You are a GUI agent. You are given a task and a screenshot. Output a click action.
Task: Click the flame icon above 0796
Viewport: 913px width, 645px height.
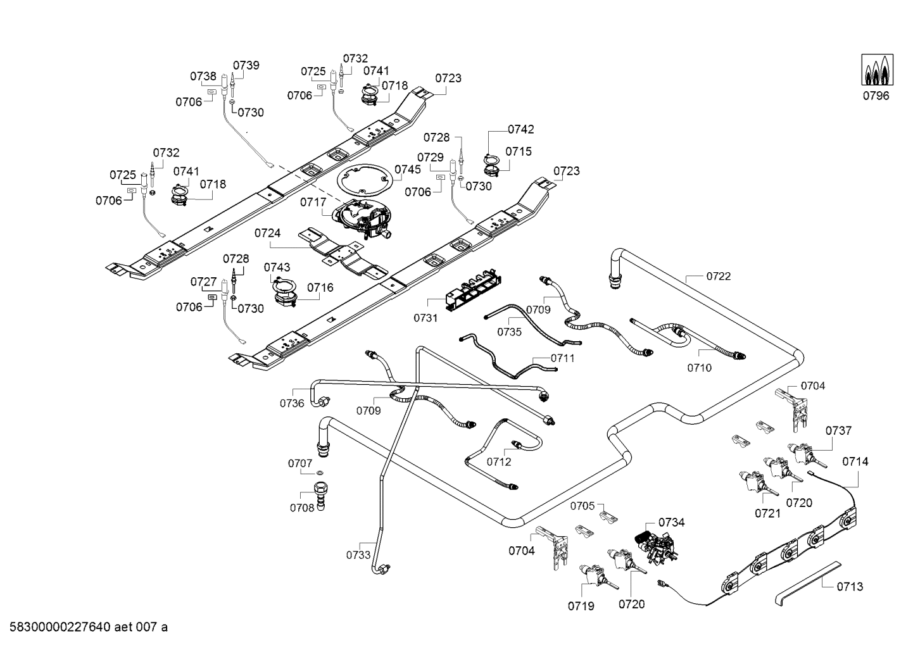click(x=876, y=70)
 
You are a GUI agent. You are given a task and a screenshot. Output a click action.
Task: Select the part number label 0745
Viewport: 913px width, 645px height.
click(x=407, y=170)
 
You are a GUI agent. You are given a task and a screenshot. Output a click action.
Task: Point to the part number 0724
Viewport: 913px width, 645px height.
click(x=267, y=234)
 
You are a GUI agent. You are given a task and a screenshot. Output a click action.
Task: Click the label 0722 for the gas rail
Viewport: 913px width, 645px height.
click(x=718, y=276)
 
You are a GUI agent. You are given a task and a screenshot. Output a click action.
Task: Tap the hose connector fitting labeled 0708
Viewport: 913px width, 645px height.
click(x=322, y=495)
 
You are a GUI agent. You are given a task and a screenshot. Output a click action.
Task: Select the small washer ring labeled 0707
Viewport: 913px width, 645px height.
click(x=321, y=473)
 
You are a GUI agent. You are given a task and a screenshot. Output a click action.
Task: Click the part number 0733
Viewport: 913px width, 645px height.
click(x=358, y=555)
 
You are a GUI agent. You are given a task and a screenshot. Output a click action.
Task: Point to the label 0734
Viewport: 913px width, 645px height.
click(x=671, y=522)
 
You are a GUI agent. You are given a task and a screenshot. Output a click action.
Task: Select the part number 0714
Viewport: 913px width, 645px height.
click(x=855, y=462)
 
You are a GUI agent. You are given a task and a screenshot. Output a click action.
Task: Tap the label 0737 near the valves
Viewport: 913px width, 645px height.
click(x=838, y=430)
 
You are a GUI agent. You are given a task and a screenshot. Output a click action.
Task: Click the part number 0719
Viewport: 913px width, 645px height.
click(x=581, y=606)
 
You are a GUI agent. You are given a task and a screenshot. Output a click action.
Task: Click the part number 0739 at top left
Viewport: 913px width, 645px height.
click(x=246, y=65)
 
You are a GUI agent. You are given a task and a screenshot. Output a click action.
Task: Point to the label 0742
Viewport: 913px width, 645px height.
click(x=520, y=129)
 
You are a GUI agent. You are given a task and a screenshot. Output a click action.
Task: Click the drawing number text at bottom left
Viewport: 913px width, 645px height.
click(x=85, y=627)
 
